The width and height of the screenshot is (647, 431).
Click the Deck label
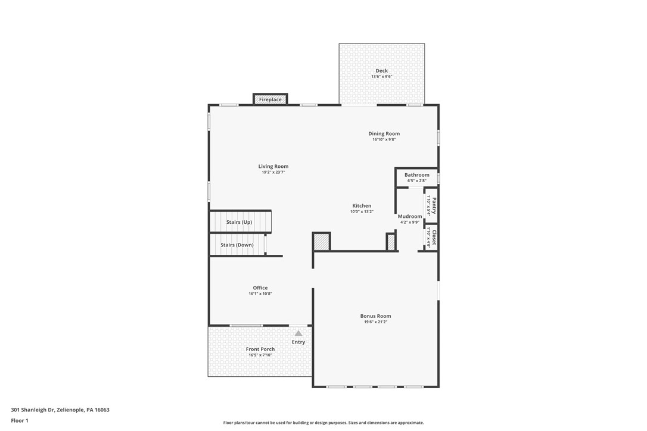(381, 71)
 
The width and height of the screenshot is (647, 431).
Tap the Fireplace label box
(270, 99)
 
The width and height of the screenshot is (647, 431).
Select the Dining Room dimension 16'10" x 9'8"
(384, 139)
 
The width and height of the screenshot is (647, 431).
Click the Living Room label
(273, 167)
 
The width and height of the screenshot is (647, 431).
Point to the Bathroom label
(416, 175)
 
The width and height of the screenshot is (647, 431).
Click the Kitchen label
(361, 206)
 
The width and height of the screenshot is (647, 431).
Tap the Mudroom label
(410, 217)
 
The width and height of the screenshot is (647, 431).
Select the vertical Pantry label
(434, 205)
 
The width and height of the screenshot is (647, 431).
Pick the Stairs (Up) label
(239, 222)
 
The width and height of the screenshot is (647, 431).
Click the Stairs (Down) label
(237, 245)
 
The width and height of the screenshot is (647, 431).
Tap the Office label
(260, 288)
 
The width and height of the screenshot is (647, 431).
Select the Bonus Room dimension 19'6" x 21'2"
(375, 322)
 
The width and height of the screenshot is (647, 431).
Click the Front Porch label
(260, 349)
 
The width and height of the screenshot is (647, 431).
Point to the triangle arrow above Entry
(298, 333)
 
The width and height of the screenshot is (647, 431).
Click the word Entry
(298, 342)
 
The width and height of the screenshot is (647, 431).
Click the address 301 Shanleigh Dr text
(60, 410)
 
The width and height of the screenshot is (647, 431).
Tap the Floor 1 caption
(19, 420)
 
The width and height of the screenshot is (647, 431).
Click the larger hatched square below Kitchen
(321, 242)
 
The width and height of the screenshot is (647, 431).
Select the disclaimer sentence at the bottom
(323, 423)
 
